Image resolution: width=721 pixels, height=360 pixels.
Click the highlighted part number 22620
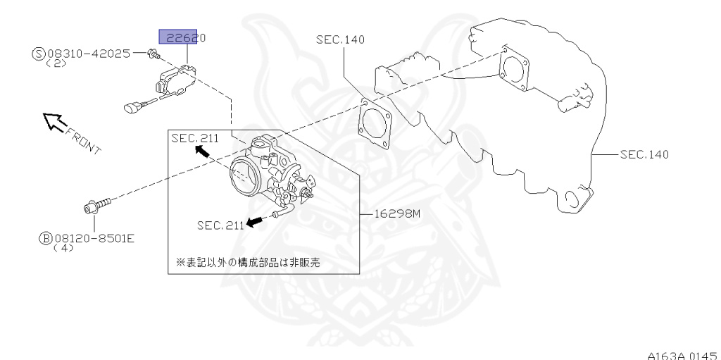pyautogui.click(x=182, y=38)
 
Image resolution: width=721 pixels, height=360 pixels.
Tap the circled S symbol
pyautogui.click(x=38, y=53)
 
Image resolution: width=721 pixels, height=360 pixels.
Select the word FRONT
pyautogui.click(x=84, y=139)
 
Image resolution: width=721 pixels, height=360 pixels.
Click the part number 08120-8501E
pyautogui.click(x=94, y=239)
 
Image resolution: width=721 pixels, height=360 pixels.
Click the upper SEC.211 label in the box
pyautogui.click(x=195, y=139)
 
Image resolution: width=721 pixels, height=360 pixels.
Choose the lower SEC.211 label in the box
pyautogui.click(x=220, y=225)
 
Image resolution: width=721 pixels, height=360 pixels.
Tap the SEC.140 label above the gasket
pyautogui.click(x=341, y=39)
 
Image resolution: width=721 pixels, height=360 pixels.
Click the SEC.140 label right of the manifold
pyautogui.click(x=644, y=154)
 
